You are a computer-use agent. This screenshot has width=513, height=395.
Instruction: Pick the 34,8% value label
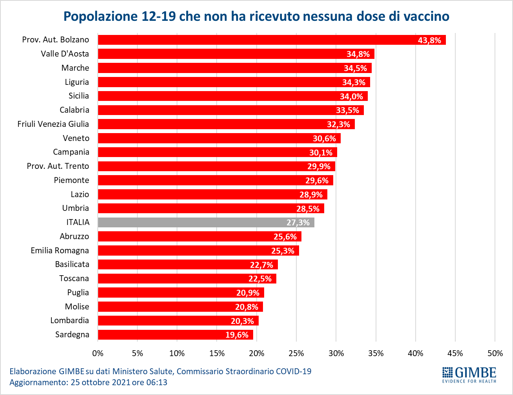point(358,54)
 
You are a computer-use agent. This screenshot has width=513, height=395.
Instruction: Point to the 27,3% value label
point(298,223)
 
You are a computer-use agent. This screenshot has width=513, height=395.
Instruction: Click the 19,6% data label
point(237,335)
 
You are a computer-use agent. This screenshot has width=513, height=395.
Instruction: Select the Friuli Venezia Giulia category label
point(53,124)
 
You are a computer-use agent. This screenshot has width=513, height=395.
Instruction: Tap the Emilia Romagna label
point(60,251)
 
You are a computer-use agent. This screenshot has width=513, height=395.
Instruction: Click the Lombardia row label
point(69,320)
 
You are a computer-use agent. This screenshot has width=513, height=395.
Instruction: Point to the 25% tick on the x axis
point(296,353)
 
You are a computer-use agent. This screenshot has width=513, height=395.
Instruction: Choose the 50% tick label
point(495,353)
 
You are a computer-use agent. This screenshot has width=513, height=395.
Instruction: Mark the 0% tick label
point(98,353)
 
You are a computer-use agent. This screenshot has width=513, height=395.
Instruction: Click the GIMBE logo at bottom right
point(469,375)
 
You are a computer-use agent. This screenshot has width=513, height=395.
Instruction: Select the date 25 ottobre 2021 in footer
point(100,382)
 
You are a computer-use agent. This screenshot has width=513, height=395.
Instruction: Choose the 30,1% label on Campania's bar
point(321,152)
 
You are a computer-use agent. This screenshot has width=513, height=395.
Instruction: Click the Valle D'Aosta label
point(65,54)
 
